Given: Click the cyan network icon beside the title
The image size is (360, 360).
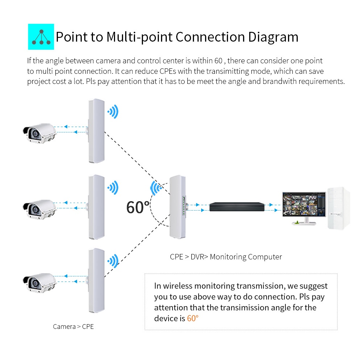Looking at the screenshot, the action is (x=41, y=37).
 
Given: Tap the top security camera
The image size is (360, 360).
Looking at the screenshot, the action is (x=40, y=134).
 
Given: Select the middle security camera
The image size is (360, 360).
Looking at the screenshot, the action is (x=40, y=209).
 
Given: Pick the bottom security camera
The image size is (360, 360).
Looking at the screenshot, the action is (x=40, y=283).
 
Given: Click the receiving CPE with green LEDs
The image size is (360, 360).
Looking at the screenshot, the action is (x=178, y=207).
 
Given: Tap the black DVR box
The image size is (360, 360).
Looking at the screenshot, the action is (x=237, y=207).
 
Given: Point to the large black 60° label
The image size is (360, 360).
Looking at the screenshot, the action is (x=138, y=207).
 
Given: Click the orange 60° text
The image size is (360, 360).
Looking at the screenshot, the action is (x=192, y=318).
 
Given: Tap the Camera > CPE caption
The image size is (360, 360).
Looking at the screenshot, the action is (x=73, y=326).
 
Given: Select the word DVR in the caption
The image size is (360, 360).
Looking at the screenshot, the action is (x=198, y=257).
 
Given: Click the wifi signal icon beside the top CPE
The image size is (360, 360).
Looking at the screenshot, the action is (x=113, y=112).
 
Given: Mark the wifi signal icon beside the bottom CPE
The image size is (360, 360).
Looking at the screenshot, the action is (x=113, y=261).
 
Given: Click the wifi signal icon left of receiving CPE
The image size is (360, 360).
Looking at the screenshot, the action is (x=156, y=188).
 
